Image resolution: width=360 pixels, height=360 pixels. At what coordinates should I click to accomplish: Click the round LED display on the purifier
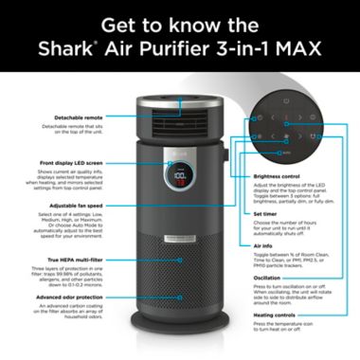(x=178, y=177)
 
